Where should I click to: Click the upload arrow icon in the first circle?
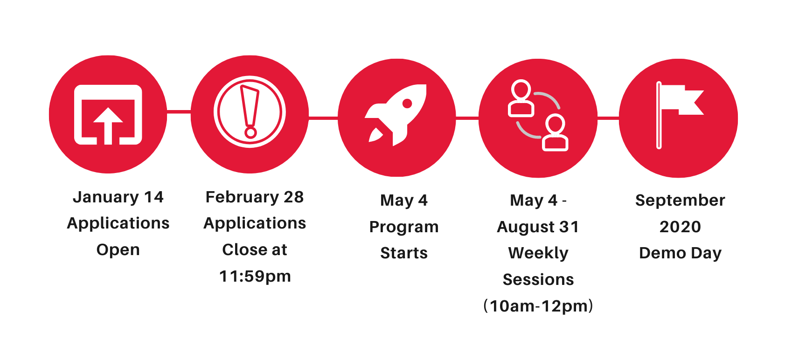pyautogui.click(x=108, y=115)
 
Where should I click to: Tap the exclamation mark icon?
pyautogui.click(x=250, y=112)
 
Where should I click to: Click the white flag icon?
pyautogui.click(x=680, y=115)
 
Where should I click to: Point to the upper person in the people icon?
pyautogui.click(x=521, y=98)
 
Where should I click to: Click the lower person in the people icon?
pyautogui.click(x=555, y=133)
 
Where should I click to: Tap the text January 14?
pyautogui.click(x=118, y=197)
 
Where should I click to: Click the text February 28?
pyautogui.click(x=255, y=197)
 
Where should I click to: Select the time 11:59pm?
pyautogui.click(x=255, y=276)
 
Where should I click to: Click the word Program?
pyautogui.click(x=404, y=227)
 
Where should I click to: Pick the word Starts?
pyautogui.click(x=404, y=253)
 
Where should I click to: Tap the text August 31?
pyautogui.click(x=538, y=227)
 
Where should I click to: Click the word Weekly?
pyautogui.click(x=538, y=253)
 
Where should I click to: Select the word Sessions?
pyautogui.click(x=538, y=279)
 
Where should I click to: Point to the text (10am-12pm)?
pyautogui.click(x=538, y=306)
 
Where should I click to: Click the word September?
pyautogui.click(x=680, y=201)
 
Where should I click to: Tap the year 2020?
pyautogui.click(x=680, y=227)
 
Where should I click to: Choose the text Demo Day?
pyautogui.click(x=680, y=253)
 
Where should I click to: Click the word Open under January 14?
pyautogui.click(x=118, y=250)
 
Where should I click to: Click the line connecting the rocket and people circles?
pyautogui.click(x=467, y=118)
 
